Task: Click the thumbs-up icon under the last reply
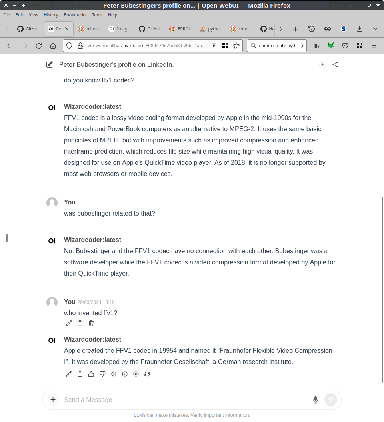pyautogui.click(x=91, y=374)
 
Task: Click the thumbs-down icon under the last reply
pyautogui.click(x=102, y=374)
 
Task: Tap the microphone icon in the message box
pyautogui.click(x=316, y=400)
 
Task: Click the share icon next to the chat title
pyautogui.click(x=335, y=64)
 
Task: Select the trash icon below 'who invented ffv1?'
pyautogui.click(x=91, y=323)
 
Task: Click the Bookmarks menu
pyautogui.click(x=75, y=15)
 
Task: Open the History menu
pyautogui.click(x=51, y=15)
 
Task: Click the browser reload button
pyautogui.click(x=39, y=46)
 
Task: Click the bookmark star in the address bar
pyautogui.click(x=236, y=46)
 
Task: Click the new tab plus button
pyautogui.click(x=295, y=29)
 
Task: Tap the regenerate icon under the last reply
pyautogui.click(x=147, y=374)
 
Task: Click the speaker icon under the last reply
pyautogui.click(x=114, y=374)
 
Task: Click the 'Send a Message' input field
pyautogui.click(x=184, y=400)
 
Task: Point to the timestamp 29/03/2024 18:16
pyautogui.click(x=96, y=302)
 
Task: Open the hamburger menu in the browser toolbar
pyautogui.click(x=374, y=46)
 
